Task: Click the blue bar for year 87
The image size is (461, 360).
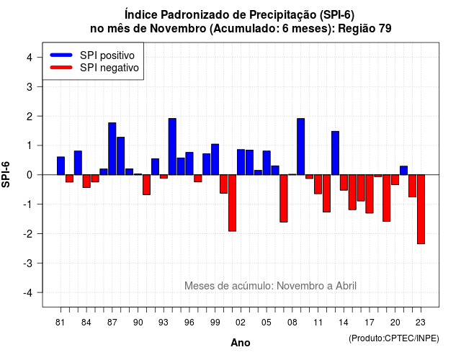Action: (x=112, y=149)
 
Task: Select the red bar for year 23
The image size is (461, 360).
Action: (x=421, y=210)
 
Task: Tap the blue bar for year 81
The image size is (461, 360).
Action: (x=61, y=166)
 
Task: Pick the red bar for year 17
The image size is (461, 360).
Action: (x=370, y=194)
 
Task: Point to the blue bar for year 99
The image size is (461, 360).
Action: (x=215, y=159)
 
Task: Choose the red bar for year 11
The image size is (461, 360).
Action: (x=318, y=184)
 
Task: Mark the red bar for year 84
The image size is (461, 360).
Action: (x=86, y=181)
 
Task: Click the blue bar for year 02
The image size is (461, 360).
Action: (x=241, y=162)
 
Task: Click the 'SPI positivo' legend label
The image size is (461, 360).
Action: (x=107, y=55)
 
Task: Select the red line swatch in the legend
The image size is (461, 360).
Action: (x=61, y=68)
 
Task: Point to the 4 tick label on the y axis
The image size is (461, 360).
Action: (x=30, y=57)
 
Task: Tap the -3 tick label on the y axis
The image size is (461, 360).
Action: (x=27, y=263)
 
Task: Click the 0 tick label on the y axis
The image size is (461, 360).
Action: (x=30, y=175)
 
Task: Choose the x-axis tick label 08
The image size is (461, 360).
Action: (x=292, y=323)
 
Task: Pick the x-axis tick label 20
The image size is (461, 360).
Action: (x=395, y=323)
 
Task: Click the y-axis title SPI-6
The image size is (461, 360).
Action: (x=6, y=174)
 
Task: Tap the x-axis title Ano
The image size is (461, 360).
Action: (x=241, y=343)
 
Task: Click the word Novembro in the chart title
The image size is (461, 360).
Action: (x=178, y=29)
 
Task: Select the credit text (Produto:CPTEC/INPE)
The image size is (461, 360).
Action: (x=394, y=338)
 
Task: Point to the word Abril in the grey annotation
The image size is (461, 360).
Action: (x=346, y=286)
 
